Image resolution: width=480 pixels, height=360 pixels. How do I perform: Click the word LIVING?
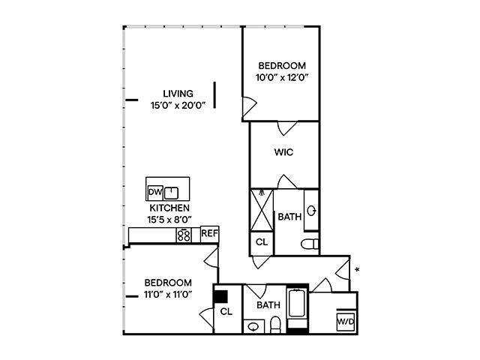point(178,94)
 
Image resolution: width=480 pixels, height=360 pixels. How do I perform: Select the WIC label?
point(283,152)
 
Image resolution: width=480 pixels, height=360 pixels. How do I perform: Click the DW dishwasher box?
point(155,191)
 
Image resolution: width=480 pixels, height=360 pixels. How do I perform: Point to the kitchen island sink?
point(172,191)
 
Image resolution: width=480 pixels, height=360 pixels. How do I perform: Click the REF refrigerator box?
point(209,234)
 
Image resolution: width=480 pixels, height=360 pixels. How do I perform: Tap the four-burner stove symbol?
point(184,235)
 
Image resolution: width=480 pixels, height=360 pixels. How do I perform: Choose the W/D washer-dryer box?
point(346,322)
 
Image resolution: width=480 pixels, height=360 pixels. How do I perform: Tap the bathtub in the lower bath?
point(298,310)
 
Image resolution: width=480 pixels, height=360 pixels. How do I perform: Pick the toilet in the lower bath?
point(275,325)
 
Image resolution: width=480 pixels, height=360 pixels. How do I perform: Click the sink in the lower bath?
point(253,326)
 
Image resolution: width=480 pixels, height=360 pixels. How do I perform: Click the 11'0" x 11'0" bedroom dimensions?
point(168,294)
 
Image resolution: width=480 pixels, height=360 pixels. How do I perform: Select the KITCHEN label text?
point(169,208)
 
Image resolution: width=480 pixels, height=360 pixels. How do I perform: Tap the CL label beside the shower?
point(262,242)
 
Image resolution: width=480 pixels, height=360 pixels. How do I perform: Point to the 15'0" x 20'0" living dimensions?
point(178,105)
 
